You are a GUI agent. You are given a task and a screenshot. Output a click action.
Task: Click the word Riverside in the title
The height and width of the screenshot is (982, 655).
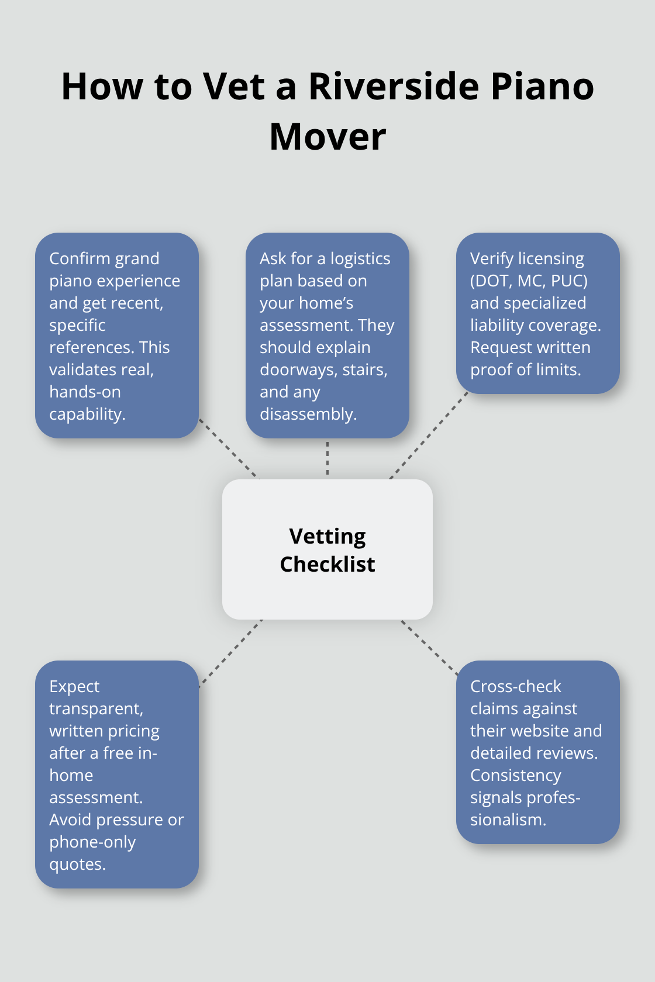394,87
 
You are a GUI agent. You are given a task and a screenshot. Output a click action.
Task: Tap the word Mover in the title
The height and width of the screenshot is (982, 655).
327,137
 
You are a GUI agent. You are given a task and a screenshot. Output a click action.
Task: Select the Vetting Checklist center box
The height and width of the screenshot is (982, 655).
327,549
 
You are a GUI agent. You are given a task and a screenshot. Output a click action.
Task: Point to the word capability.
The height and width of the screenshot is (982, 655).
87,414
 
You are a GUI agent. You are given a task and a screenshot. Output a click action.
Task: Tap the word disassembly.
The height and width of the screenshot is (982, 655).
308,414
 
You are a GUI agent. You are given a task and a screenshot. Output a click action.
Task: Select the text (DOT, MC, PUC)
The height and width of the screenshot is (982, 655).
529,281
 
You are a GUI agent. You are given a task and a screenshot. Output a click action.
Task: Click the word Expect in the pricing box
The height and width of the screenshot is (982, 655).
74,686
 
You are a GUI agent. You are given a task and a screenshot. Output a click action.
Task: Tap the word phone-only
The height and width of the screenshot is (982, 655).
92,842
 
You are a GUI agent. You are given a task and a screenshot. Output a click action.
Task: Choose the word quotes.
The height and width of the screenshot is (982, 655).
77,864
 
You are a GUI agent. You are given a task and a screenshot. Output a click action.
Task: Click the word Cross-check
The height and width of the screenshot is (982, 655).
515,686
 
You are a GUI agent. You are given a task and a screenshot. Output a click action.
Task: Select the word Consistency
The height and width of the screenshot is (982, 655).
515,775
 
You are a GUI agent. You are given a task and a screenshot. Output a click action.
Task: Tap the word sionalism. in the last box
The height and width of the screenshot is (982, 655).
508,820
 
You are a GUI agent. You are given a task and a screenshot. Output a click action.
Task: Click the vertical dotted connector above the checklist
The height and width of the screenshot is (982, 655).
327,458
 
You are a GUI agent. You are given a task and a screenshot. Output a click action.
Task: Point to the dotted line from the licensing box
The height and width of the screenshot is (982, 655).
429,435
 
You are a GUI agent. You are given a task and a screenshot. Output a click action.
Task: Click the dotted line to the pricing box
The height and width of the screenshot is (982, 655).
230,653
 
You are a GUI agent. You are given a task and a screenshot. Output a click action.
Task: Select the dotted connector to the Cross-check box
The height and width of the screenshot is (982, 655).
429,648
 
